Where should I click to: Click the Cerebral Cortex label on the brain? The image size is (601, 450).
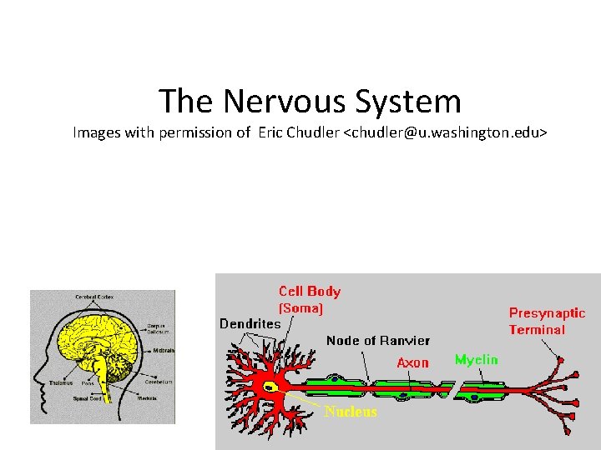pyautogui.click(x=95, y=297)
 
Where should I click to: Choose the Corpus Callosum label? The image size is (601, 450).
pyautogui.click(x=155, y=328)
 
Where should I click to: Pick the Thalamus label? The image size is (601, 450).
pyautogui.click(x=61, y=383)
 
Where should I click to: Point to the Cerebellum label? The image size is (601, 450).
pyautogui.click(x=159, y=382)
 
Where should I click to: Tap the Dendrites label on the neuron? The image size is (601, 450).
pyautogui.click(x=250, y=323)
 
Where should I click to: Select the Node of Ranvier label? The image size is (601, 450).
pyautogui.click(x=377, y=340)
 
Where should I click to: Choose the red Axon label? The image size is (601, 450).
pyautogui.click(x=412, y=362)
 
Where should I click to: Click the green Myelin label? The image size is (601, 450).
pyautogui.click(x=476, y=360)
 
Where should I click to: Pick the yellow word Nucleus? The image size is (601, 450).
pyautogui.click(x=351, y=412)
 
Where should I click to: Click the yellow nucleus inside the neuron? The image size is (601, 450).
pyautogui.click(x=270, y=387)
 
